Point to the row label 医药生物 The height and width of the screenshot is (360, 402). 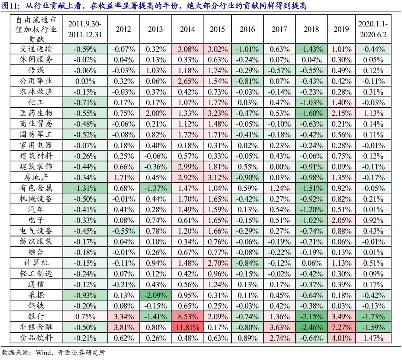coord(36,113)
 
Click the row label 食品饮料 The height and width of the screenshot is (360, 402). coord(36,338)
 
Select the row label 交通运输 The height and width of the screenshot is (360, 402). coord(36,49)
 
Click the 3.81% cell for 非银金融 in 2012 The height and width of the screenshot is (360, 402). coord(124,328)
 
